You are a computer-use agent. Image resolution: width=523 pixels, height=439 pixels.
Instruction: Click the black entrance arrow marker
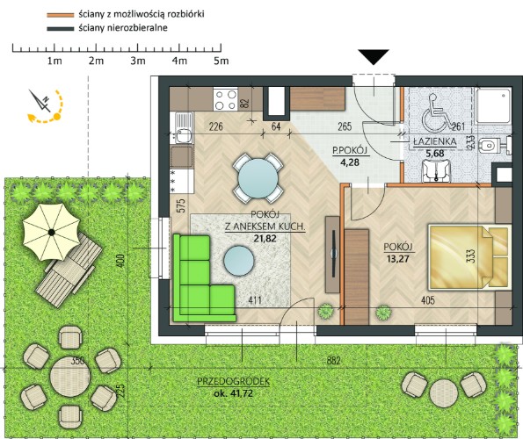pos(374,56)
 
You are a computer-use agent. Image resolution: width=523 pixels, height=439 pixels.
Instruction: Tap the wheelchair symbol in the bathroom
pos(435,113)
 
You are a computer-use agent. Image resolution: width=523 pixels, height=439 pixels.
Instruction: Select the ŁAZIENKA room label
pos(435,141)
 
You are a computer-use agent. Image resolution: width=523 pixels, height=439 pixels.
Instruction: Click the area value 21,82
pos(265,238)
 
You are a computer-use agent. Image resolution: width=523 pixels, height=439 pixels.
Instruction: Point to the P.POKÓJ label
pos(350,150)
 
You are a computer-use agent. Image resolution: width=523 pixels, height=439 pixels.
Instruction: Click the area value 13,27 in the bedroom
pos(398,258)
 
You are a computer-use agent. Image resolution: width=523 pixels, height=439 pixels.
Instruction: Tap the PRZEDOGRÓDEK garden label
pos(233,381)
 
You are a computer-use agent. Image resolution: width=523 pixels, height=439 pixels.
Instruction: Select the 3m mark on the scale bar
pos(138,61)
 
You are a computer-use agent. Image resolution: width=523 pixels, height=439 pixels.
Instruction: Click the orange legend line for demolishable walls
pos(61,15)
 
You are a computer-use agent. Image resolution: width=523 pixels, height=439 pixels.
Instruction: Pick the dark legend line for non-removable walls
pos(61,29)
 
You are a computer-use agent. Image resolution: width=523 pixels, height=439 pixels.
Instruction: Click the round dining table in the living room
pos(258,178)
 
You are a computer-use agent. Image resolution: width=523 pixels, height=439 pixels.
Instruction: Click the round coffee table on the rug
pos(239,261)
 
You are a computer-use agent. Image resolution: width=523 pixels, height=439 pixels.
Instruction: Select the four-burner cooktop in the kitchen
pos(225,99)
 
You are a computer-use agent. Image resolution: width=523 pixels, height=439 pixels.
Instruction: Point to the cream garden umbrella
pos(51,232)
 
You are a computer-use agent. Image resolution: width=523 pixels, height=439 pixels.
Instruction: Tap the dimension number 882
pos(333,360)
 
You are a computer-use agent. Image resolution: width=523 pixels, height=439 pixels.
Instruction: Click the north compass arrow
pos(40,100)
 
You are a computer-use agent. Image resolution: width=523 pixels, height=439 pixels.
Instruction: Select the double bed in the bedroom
pos(470,256)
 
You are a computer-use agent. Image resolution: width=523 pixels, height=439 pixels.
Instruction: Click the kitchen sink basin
pos(183,136)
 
